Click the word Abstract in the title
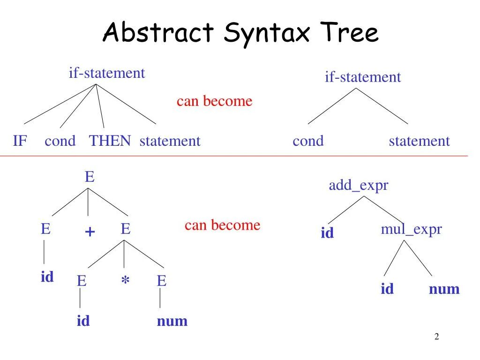pos(158,33)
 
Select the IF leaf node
pos(20,141)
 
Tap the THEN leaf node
pos(110,141)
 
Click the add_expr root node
pos(359,186)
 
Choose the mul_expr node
pos(411,229)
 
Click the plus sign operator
pos(90,232)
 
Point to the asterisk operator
pos(125,281)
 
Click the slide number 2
pos(436,337)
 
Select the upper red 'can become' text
pos(214,101)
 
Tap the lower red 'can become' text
pos(222,225)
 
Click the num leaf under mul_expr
pos(444,289)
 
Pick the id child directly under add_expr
pos(327,233)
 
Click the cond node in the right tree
pos(308,141)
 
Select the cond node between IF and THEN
pos(60,141)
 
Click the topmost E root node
pos(89,177)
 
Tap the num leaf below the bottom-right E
pos(172,321)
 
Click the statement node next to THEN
pos(170,141)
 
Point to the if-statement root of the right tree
pos(363,77)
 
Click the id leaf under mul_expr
pos(387,289)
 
